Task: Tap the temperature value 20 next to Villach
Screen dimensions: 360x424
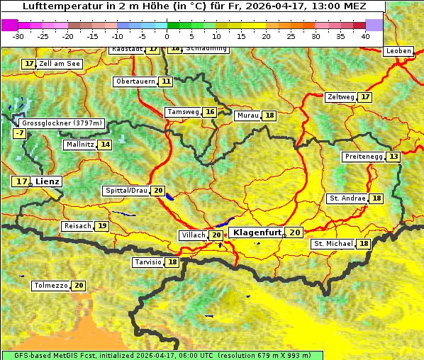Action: [x=216, y=235]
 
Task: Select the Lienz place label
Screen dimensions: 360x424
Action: [x=48, y=181]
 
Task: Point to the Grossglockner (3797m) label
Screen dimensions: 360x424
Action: [x=61, y=123]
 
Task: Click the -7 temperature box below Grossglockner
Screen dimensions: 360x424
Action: [x=19, y=133]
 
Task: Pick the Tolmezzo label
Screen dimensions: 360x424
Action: [x=51, y=286]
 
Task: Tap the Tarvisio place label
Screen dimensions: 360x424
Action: [x=148, y=262]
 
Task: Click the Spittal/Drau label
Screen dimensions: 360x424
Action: [x=126, y=191]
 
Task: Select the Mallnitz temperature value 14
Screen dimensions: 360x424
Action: [x=105, y=145]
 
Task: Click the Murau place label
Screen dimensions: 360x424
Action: [x=248, y=116]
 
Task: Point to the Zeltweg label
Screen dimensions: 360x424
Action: [x=340, y=97]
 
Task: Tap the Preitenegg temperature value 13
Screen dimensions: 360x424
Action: [x=393, y=157]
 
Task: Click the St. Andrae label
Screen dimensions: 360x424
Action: [x=347, y=198]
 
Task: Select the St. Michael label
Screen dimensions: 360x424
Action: [x=333, y=244]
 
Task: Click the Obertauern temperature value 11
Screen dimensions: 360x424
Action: [x=166, y=81]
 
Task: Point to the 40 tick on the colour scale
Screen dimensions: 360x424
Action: [x=365, y=35]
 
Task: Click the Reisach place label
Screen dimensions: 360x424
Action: [x=77, y=226]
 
